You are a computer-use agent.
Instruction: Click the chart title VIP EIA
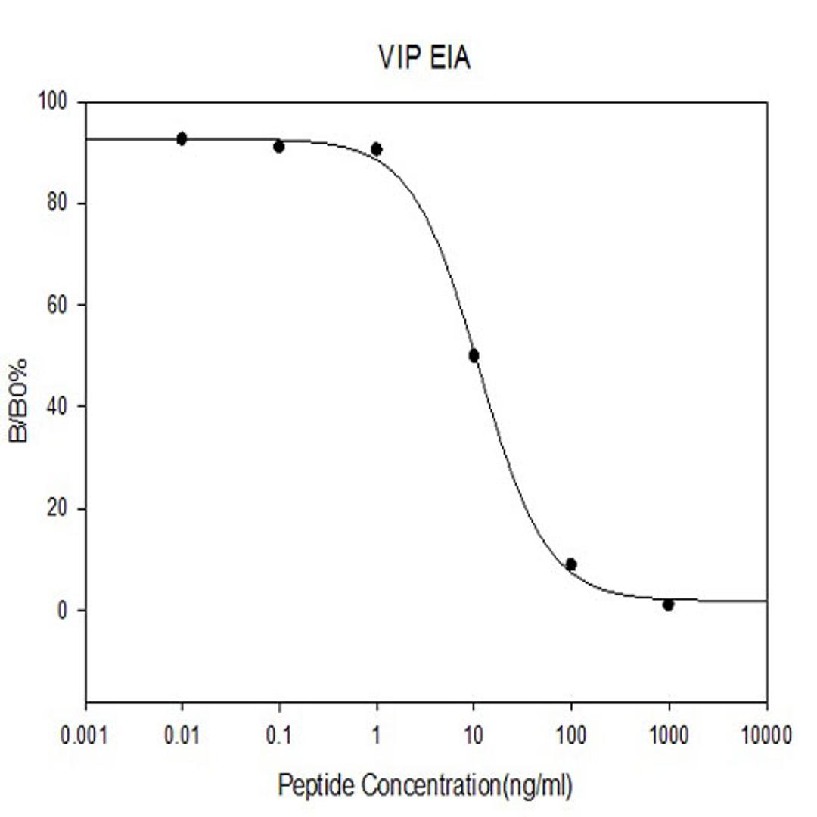pos(424,57)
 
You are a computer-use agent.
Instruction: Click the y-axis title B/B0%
pos(19,400)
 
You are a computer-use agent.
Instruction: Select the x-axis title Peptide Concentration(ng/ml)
pos(425,785)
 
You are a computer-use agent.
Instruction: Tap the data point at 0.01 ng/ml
pos(182,138)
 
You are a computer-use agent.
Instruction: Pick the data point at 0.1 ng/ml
pos(278,146)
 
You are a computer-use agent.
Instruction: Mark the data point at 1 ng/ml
pos(376,149)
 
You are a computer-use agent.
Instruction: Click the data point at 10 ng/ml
pos(474,356)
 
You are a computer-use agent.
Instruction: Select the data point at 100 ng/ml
pos(571,564)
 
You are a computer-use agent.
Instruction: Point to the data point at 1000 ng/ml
pos(668,605)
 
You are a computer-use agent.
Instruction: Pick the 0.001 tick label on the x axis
pos(85,735)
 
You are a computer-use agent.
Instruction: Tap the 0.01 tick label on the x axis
pos(182,735)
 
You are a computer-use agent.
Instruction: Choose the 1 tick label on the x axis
pos(376,735)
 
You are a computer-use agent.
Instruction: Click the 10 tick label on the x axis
pos(474,735)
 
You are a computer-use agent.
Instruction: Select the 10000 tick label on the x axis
pos(766,735)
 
